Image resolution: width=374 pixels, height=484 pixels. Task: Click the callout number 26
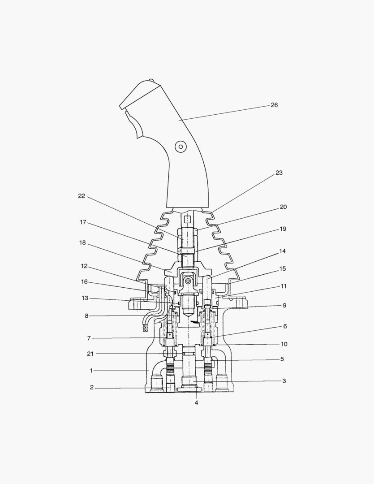tap(274, 105)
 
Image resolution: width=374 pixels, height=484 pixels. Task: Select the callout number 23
tap(279, 173)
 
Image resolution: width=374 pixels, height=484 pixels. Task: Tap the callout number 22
tap(81, 196)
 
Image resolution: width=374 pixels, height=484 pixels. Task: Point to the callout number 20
tap(283, 207)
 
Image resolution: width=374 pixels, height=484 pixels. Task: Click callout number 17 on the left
tap(83, 222)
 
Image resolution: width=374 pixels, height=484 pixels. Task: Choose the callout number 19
tap(283, 229)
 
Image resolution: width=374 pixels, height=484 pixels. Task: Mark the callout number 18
tap(82, 242)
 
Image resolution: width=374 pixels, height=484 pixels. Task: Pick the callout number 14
tap(282, 251)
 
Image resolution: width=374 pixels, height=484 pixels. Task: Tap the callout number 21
tap(90, 354)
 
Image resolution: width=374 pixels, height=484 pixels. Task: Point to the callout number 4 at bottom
tap(196, 402)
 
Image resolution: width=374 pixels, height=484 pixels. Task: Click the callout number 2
tap(91, 388)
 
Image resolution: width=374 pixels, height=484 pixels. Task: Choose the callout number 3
tap(284, 381)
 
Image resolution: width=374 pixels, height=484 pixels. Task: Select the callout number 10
tap(284, 344)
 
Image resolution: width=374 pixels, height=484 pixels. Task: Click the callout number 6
tap(285, 326)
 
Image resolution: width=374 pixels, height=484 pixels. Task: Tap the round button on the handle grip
tap(181, 146)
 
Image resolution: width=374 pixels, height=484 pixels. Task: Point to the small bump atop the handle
tap(151, 81)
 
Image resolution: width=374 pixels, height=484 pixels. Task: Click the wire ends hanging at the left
tap(145, 328)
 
